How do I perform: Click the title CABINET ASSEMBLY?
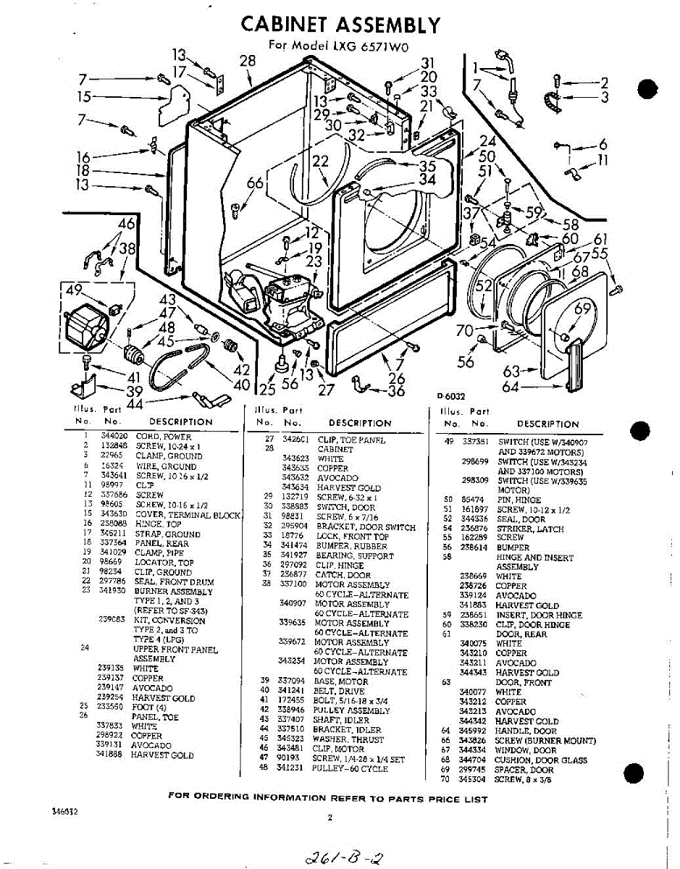point(340,25)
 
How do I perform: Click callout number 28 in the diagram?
point(248,61)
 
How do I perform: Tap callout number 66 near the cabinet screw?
point(254,184)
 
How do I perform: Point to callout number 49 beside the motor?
point(74,291)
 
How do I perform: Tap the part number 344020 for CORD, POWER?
point(115,437)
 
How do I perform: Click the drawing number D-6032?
point(451,395)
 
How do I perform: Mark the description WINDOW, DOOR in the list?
point(526,751)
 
